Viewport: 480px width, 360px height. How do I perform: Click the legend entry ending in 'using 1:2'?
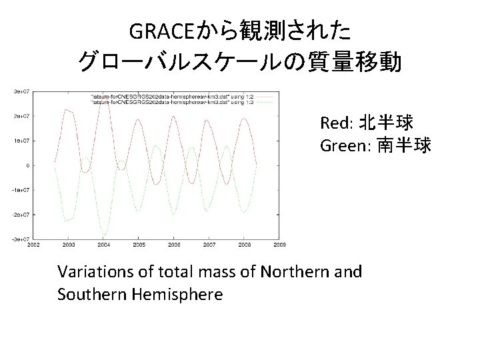pos(167,96)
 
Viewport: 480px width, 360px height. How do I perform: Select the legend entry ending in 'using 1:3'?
pos(167,101)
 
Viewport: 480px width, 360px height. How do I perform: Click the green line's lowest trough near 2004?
pos(104,235)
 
